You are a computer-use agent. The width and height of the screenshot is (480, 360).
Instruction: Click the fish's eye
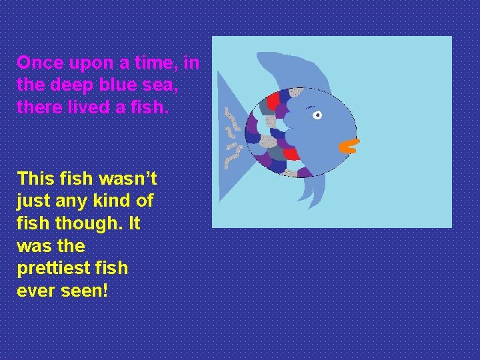coord(317,115)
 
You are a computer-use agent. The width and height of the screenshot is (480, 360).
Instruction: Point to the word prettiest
coord(54,269)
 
